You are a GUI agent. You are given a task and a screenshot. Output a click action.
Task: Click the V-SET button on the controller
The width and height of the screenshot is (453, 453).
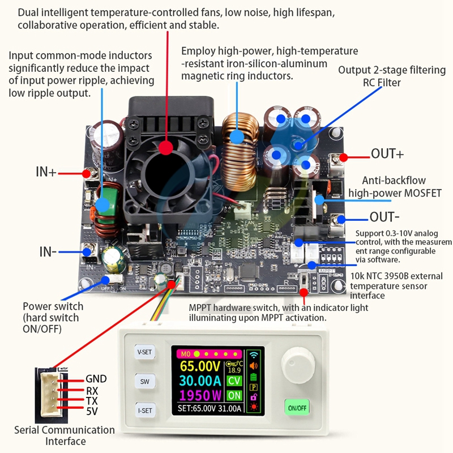tap(145, 352)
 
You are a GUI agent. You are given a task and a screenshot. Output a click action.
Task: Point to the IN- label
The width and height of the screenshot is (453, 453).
tap(48, 251)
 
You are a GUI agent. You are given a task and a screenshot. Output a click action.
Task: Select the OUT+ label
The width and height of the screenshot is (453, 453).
tap(388, 154)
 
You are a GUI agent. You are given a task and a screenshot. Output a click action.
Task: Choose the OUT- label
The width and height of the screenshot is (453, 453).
tap(385, 217)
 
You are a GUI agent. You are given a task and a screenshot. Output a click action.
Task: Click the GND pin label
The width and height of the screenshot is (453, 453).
tap(96, 379)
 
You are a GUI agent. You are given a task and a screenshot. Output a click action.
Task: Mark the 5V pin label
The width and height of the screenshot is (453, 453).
tap(92, 411)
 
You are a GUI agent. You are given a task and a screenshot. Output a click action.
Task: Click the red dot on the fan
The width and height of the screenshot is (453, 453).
tap(166, 148)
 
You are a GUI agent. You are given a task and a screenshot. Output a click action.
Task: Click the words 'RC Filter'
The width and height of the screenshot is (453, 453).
tap(381, 82)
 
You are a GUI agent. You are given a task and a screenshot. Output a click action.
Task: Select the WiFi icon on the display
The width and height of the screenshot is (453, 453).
tap(253, 356)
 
